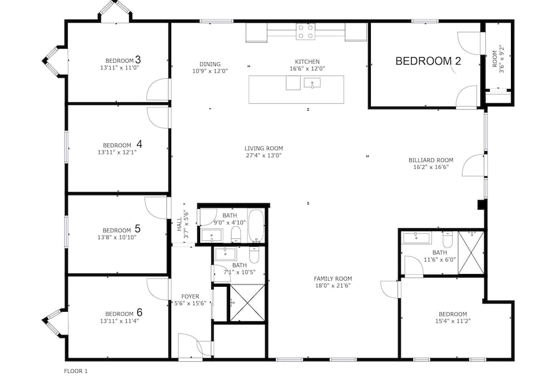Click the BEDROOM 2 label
[428, 61]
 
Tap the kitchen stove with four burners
[305, 32]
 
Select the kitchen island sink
[312, 83]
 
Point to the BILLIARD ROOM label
[431, 160]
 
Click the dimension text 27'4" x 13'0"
[264, 155]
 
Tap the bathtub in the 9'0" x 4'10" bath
[256, 226]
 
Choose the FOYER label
[190, 296]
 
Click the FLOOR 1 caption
[76, 371]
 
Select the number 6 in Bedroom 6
[140, 312]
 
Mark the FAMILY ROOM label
[332, 279]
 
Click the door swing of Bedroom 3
[158, 89]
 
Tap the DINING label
[210, 64]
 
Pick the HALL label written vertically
[179, 224]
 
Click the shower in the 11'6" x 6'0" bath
[471, 252]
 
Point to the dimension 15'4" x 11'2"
[453, 321]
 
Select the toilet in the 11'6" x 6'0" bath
[448, 240]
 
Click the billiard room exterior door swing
[473, 166]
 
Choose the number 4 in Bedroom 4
[140, 144]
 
